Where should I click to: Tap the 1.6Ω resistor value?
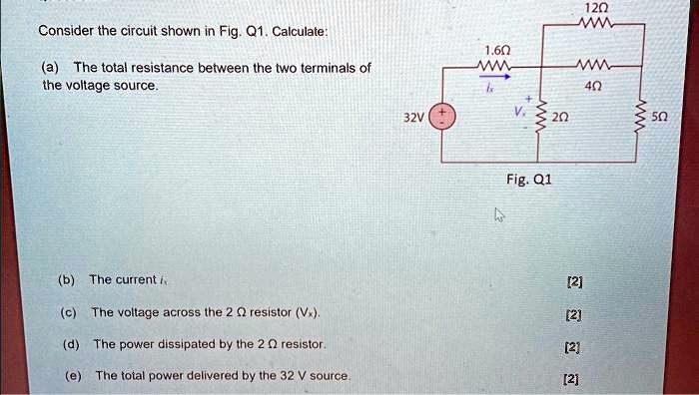[x=495, y=50]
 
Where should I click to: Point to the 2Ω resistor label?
[x=560, y=117]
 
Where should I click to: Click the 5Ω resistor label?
[x=660, y=117]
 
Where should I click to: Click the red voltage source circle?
[x=442, y=117]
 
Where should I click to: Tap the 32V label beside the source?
[x=413, y=118]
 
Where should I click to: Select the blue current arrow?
[x=495, y=77]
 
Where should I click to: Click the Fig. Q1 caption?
[x=529, y=179]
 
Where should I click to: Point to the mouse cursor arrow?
[x=499, y=214]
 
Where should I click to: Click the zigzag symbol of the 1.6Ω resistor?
[x=494, y=66]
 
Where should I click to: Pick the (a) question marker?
[x=50, y=68]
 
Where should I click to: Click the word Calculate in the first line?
[x=300, y=32]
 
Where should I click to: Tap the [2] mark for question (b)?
[x=574, y=281]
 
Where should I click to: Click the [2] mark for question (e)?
[x=571, y=379]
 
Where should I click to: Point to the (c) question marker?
[x=68, y=312]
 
